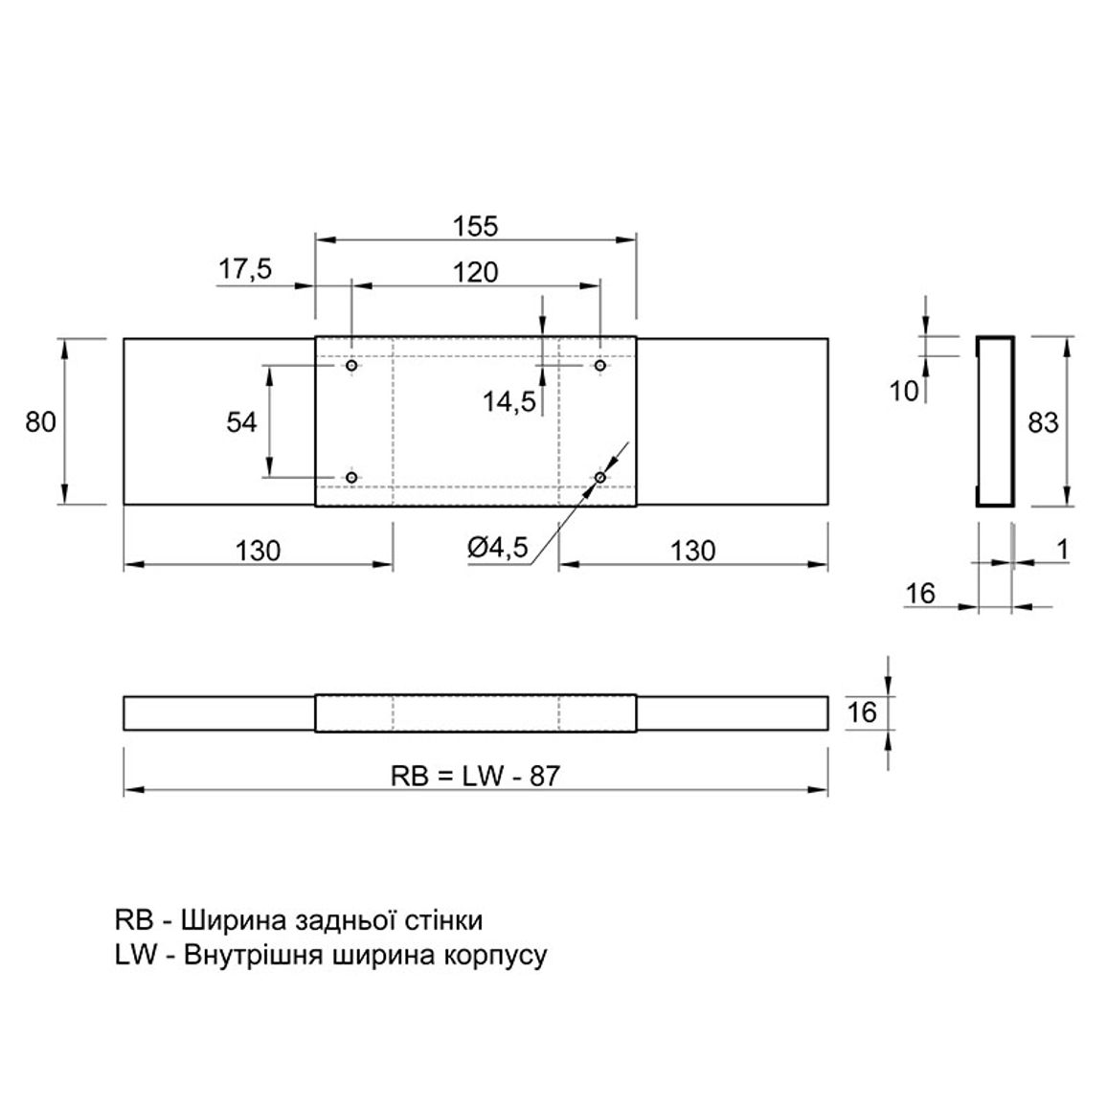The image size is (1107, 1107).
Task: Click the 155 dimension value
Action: tap(475, 226)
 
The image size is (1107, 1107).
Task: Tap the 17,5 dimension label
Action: tap(245, 269)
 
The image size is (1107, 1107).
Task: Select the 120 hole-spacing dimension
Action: tap(475, 272)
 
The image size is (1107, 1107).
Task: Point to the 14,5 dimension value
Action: tap(509, 401)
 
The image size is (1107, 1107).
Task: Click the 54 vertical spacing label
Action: tap(241, 422)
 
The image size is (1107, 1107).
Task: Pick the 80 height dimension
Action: tap(40, 422)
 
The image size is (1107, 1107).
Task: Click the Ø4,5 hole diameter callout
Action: tap(497, 547)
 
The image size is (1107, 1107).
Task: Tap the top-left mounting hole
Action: tap(351, 366)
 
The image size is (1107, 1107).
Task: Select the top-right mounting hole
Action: tap(600, 366)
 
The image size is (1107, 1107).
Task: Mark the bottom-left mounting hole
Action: tap(351, 478)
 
